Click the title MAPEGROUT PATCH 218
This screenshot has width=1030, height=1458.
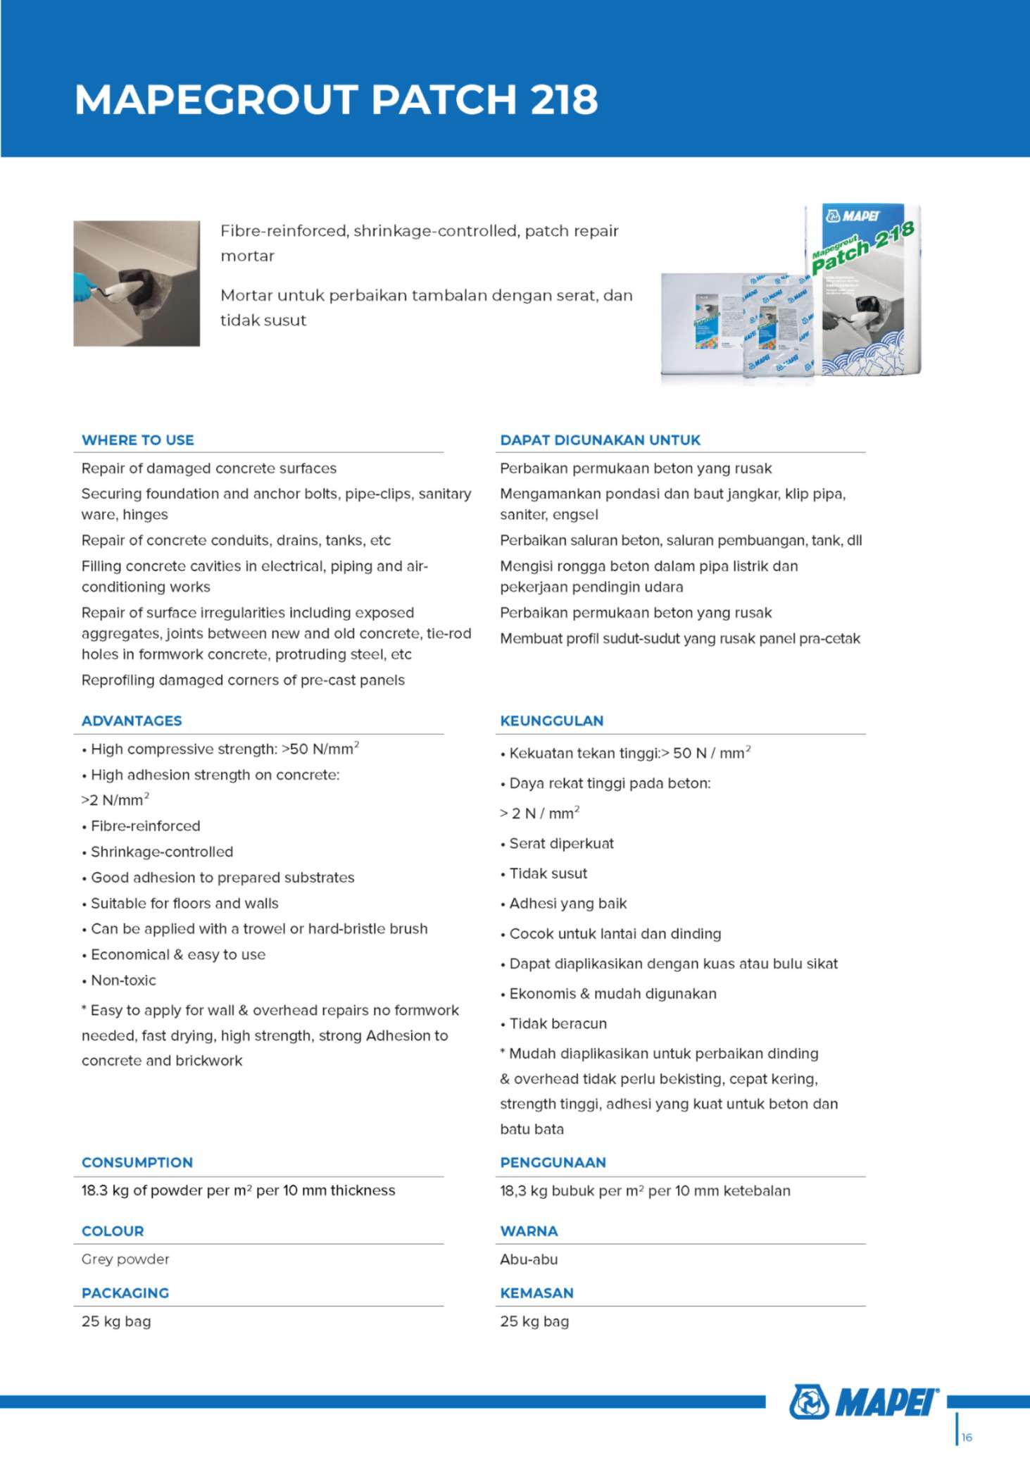(337, 99)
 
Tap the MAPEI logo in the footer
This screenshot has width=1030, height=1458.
(865, 1402)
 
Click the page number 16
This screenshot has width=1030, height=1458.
(967, 1437)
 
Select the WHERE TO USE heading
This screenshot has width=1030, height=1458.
(138, 440)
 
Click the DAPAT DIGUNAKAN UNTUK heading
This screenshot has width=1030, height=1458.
(600, 440)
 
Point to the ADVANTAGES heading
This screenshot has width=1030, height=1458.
(132, 721)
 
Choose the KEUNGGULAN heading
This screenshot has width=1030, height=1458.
(552, 721)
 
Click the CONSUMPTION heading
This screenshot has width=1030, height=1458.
(137, 1162)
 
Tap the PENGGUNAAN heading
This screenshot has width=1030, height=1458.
(553, 1162)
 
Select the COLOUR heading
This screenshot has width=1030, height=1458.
(113, 1231)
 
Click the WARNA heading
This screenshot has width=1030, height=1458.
(529, 1231)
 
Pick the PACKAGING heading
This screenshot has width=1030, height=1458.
(125, 1293)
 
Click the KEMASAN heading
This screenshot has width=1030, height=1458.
(536, 1293)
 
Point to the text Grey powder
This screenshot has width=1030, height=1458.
(125, 1259)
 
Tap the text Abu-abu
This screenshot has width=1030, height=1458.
(529, 1259)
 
